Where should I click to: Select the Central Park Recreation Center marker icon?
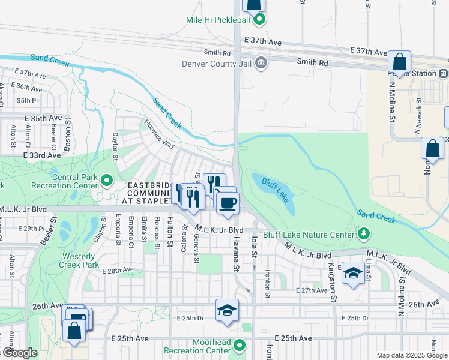click(107, 180)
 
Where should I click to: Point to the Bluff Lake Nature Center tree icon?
click(363, 233)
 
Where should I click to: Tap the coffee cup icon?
click(228, 203)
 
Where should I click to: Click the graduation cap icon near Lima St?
click(353, 274)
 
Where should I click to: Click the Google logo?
click(19, 353)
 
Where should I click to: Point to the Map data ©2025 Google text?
click(412, 355)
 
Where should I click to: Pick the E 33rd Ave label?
click(41, 155)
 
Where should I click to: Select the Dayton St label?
click(115, 147)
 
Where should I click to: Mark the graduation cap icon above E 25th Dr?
click(227, 310)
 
